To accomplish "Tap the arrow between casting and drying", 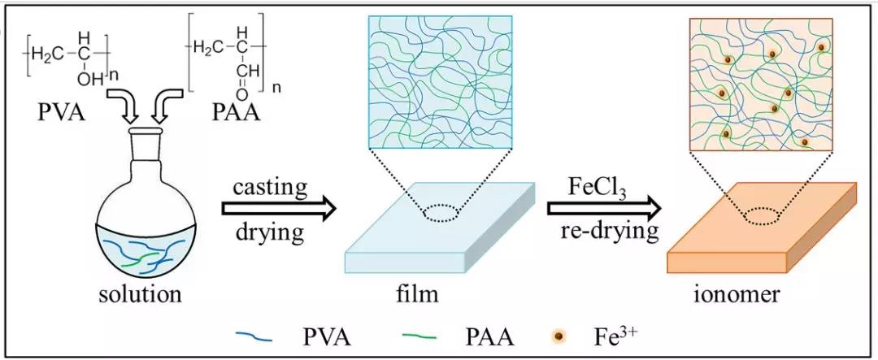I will click(x=279, y=210).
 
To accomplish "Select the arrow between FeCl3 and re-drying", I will click(x=606, y=210).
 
